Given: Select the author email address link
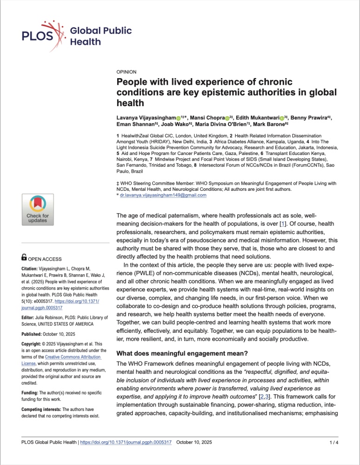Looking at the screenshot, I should coord(163,195).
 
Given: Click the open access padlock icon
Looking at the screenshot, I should coord(25,256).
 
